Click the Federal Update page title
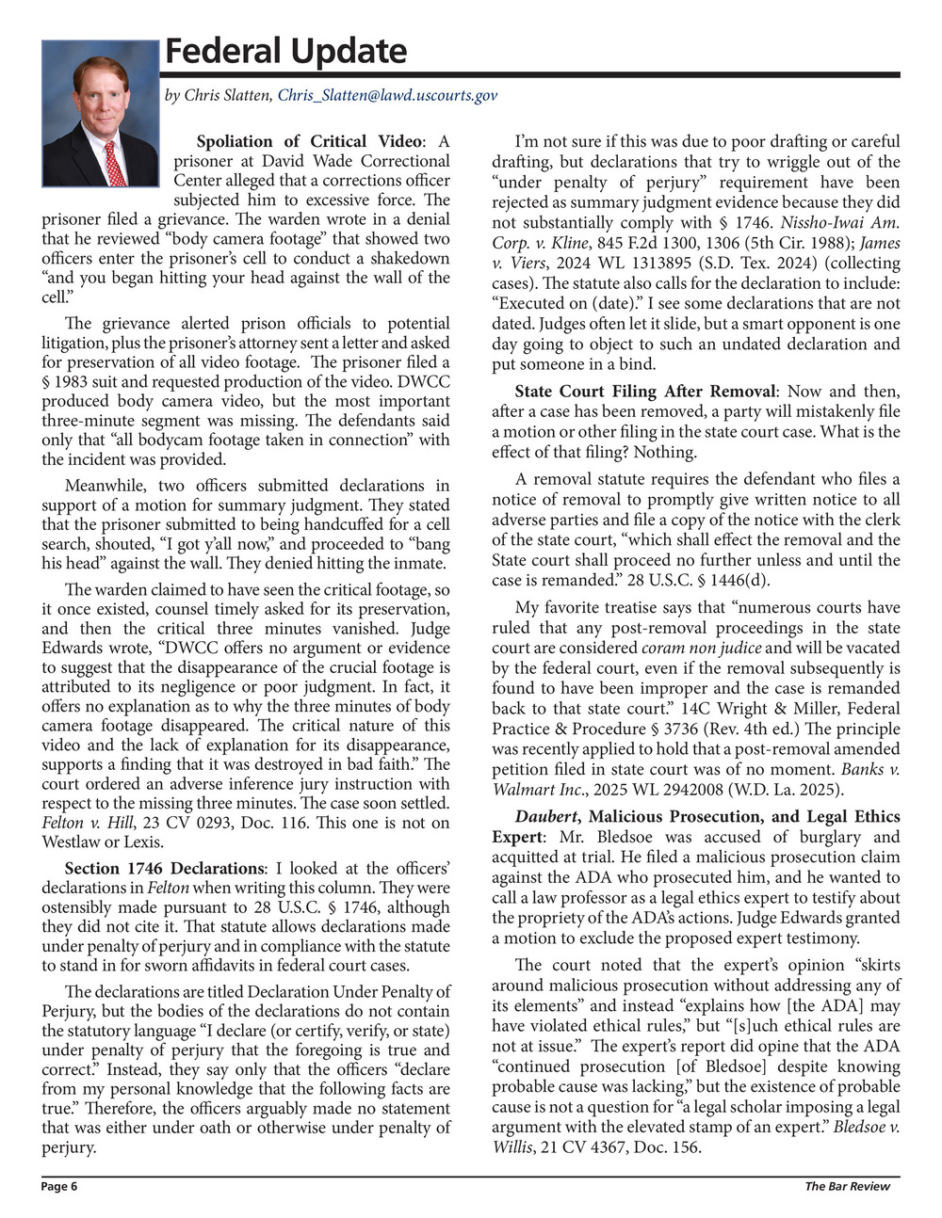coord(285,51)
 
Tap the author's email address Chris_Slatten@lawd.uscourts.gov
coord(387,95)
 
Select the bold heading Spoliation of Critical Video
coord(309,141)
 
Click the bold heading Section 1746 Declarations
coord(164,868)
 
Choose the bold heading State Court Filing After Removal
coord(645,391)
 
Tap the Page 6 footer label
coord(59,1187)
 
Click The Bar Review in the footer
coord(847,1187)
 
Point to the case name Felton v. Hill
coord(88,823)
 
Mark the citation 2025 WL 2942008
coord(668,790)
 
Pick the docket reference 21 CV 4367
coord(580,1147)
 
